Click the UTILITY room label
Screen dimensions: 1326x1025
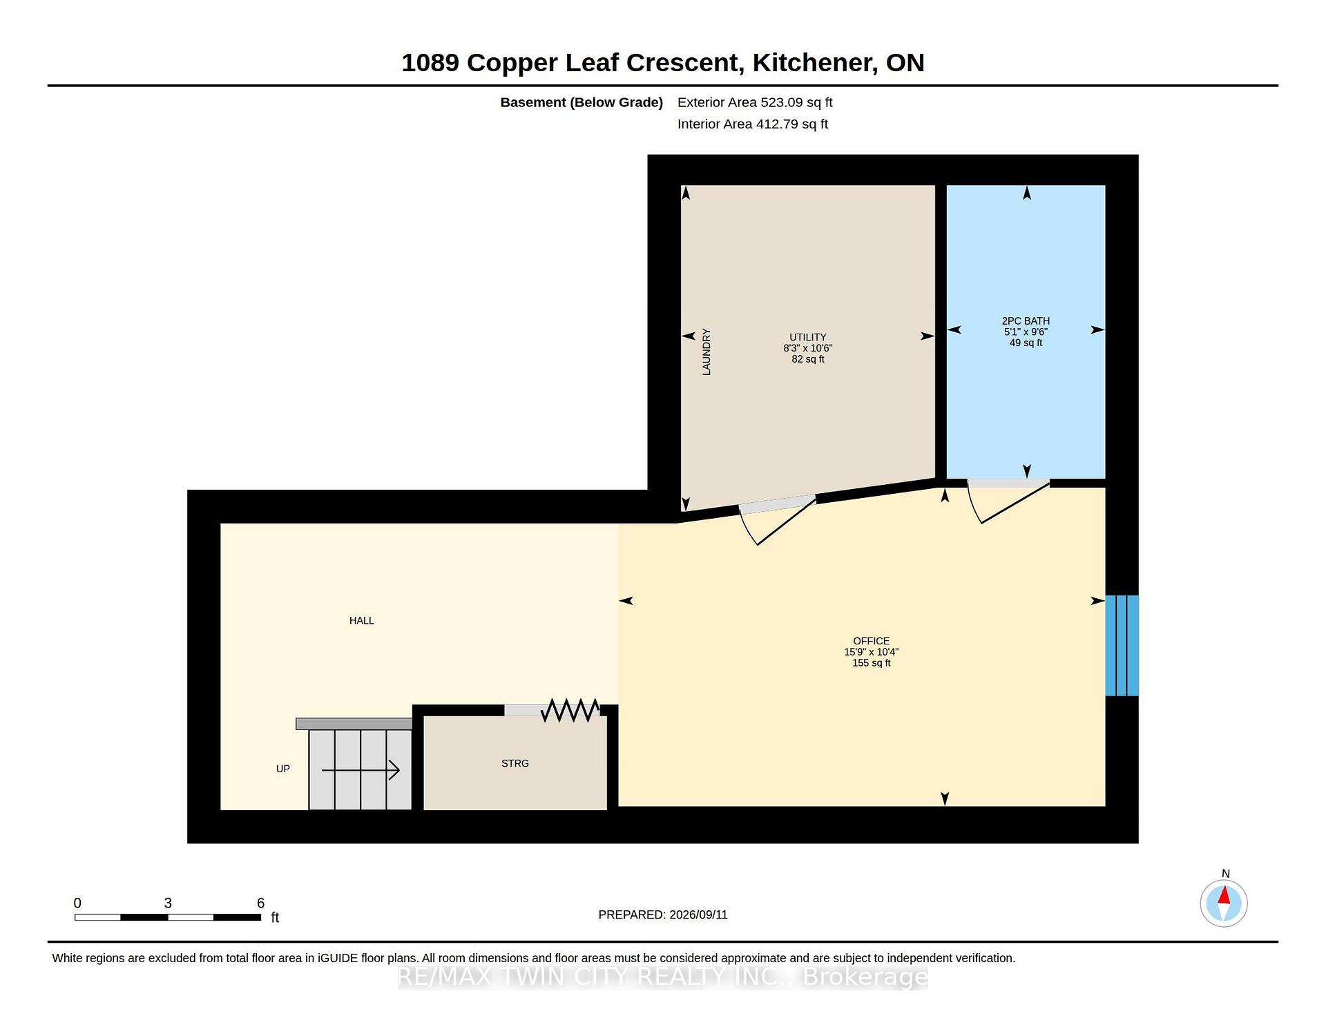click(x=807, y=338)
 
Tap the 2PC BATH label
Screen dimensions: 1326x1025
click(x=1026, y=321)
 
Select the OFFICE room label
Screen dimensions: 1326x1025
click(x=871, y=641)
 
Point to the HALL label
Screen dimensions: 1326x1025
click(x=361, y=621)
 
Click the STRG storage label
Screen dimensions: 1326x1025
click(x=515, y=763)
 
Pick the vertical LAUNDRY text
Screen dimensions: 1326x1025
click(x=706, y=352)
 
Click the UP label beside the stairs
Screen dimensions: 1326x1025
click(x=283, y=769)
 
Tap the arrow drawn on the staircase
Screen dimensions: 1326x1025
click(x=361, y=770)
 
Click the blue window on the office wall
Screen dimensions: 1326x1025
click(x=1122, y=645)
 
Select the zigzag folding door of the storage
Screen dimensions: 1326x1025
click(x=570, y=710)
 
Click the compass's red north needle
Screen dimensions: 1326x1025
click(x=1224, y=896)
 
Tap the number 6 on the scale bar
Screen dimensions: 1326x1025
click(x=260, y=903)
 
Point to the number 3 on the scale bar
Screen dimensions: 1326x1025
click(x=168, y=903)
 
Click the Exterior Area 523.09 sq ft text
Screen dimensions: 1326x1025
click(x=755, y=102)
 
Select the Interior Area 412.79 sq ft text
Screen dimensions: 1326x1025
click(x=753, y=124)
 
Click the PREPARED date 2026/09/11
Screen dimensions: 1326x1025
click(x=698, y=914)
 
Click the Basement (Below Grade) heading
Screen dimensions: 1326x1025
click(x=582, y=102)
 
